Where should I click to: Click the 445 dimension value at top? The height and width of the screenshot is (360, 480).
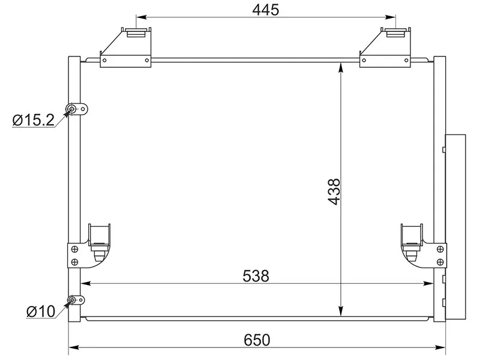[x=266, y=10]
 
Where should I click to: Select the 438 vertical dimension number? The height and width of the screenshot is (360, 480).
[x=334, y=191]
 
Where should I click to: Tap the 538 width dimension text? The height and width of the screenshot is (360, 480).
[x=256, y=276]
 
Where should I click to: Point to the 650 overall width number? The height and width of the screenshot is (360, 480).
[x=257, y=340]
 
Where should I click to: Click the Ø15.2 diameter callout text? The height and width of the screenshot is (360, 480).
[x=34, y=119]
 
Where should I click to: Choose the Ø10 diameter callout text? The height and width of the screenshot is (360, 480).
[x=41, y=311]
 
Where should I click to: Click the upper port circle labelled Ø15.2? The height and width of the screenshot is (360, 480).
[x=72, y=109]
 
